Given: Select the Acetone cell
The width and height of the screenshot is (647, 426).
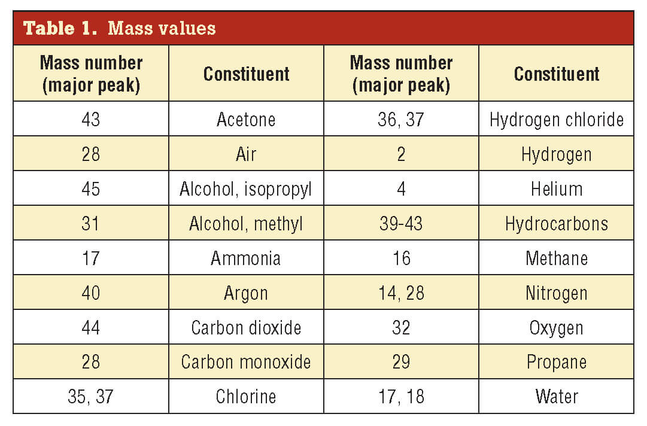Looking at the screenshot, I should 246,119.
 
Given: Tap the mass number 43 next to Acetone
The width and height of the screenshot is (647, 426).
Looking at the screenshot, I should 91,119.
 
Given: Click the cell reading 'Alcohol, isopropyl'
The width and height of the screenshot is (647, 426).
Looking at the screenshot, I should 246,189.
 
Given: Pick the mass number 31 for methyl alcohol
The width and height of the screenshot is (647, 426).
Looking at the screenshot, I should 91,224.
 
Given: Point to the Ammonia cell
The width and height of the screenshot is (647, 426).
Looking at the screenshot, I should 246,258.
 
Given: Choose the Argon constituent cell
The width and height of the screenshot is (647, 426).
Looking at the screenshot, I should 246,293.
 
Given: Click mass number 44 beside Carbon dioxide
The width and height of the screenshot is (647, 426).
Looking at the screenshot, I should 91,328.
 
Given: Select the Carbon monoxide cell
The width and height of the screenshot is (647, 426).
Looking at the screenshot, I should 246,362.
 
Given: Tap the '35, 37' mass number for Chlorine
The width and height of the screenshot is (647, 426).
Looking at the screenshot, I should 91,397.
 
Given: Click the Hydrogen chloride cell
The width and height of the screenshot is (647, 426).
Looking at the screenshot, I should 556,119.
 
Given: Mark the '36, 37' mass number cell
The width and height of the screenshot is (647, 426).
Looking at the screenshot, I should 401,119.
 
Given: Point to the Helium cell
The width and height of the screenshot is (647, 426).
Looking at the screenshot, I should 556,189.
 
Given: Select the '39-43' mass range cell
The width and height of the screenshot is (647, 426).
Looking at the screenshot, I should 401,224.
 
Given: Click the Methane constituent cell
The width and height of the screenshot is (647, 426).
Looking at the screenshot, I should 556,258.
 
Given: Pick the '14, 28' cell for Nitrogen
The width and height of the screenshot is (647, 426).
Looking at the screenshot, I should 401,293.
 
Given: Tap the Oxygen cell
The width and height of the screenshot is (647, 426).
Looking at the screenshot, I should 556,328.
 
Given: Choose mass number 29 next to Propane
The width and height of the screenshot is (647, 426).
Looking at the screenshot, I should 401,362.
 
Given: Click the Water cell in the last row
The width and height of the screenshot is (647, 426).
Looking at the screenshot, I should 556,397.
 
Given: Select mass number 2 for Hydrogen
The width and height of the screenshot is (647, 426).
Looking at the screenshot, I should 401,154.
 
